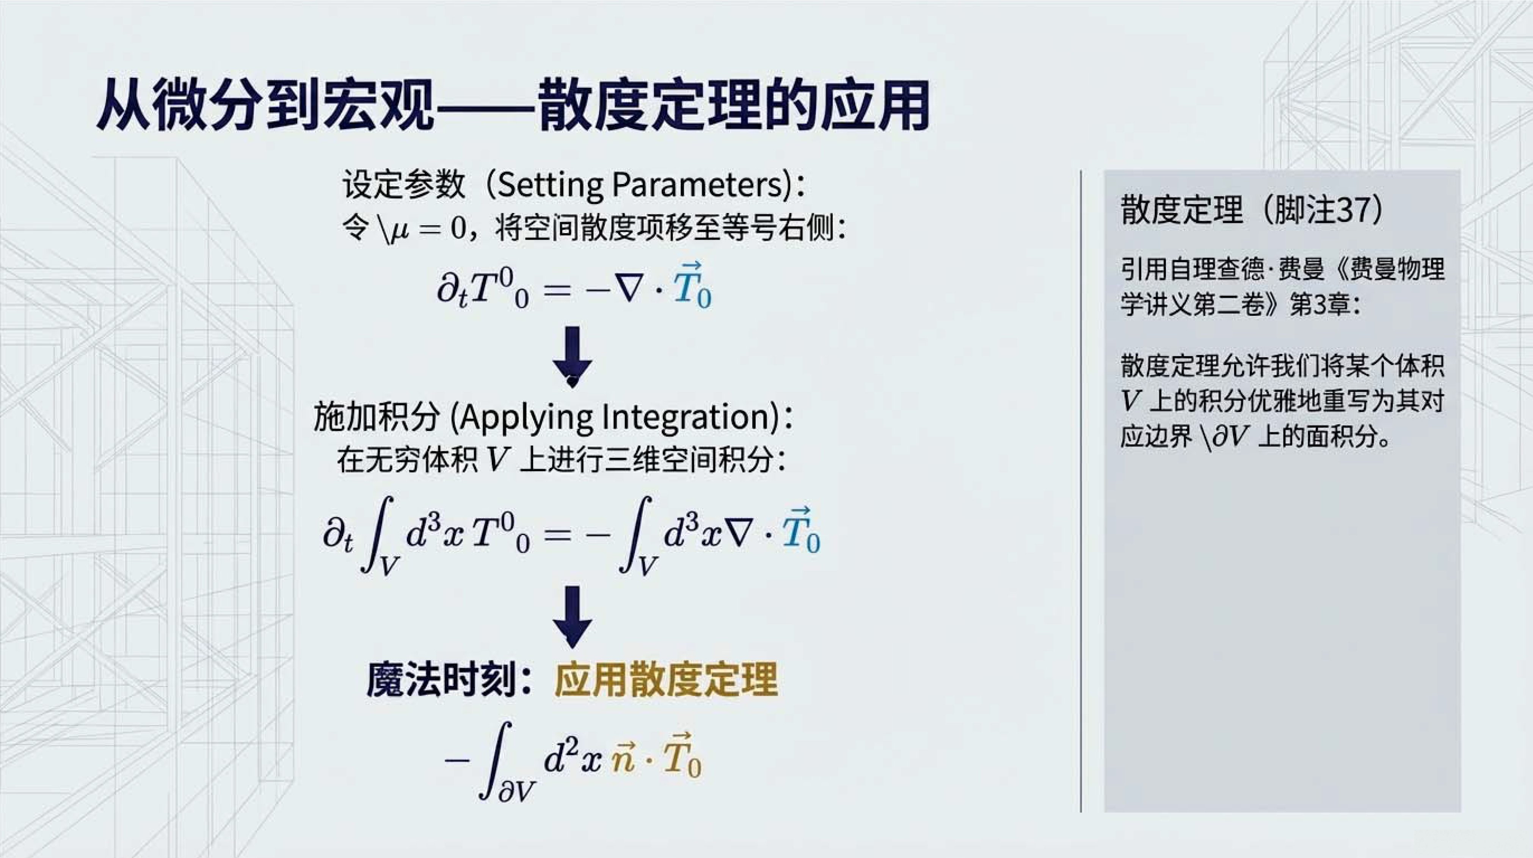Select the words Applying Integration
pyautogui.click(x=619, y=417)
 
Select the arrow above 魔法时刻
pyautogui.click(x=573, y=617)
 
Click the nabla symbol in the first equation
pyautogui.click(x=630, y=290)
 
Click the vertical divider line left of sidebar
pyautogui.click(x=1081, y=491)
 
